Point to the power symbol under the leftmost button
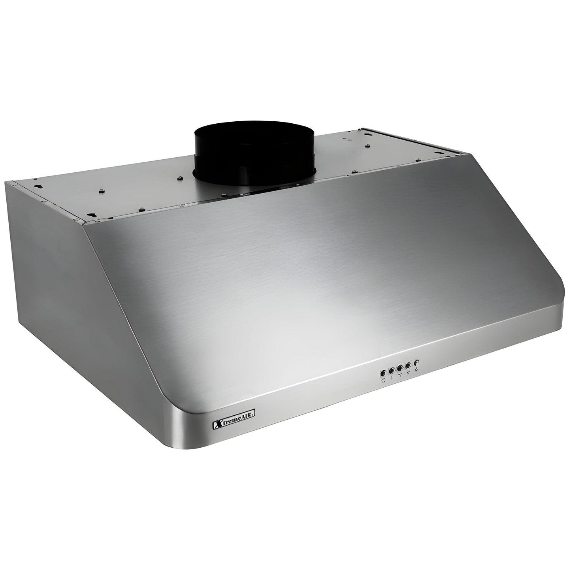[x=384, y=381]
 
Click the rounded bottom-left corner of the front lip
[x=180, y=445]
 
